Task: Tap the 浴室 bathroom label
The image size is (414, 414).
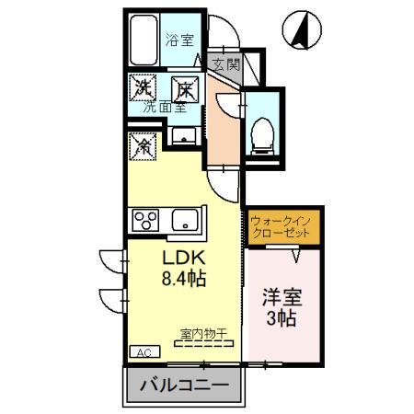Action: [178, 40]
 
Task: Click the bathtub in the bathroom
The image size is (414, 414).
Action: [144, 42]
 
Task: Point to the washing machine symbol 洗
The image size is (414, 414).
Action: [144, 88]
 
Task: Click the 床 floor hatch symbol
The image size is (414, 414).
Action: [185, 88]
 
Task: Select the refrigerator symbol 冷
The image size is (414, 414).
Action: [144, 144]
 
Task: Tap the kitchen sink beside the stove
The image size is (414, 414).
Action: [184, 221]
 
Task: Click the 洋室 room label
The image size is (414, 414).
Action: [282, 299]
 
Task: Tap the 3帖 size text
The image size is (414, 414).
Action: [282, 320]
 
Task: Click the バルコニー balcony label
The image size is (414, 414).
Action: [184, 385]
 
